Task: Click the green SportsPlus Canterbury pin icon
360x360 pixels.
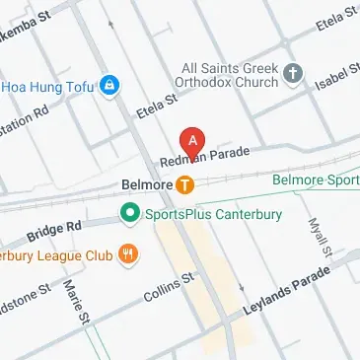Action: (x=128, y=213)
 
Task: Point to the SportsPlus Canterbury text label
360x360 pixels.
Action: (x=212, y=214)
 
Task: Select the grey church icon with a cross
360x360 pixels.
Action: (x=292, y=73)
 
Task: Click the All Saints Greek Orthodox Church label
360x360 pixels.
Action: (x=231, y=74)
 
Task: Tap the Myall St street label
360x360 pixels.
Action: (x=318, y=241)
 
